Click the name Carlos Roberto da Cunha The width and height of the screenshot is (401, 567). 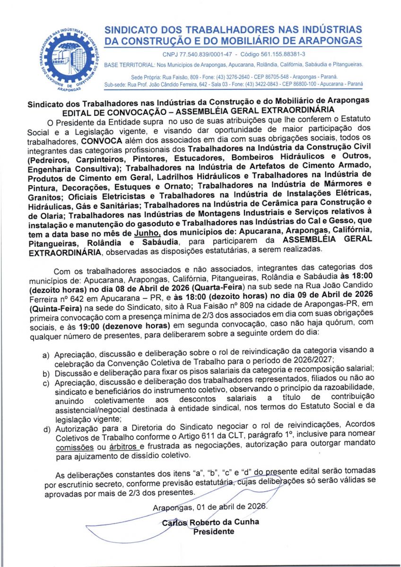click(x=210, y=523)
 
